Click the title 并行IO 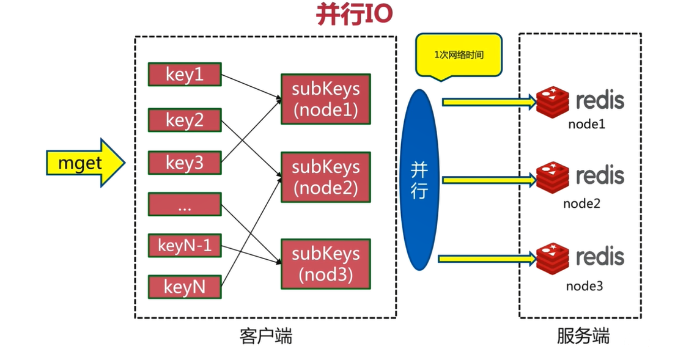pyautogui.click(x=355, y=15)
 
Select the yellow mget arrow pyautogui.click(x=85, y=163)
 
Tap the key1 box pyautogui.click(x=184, y=74)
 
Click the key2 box pyautogui.click(x=184, y=119)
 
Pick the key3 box pyautogui.click(x=184, y=163)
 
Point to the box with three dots pyautogui.click(x=184, y=204)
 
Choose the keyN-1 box pyautogui.click(x=184, y=245)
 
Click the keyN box pyautogui.click(x=184, y=287)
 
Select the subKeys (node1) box pyautogui.click(x=325, y=99)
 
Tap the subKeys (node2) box pyautogui.click(x=325, y=177)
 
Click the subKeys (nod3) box pyautogui.click(x=325, y=264)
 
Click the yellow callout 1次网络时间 pyautogui.click(x=459, y=55)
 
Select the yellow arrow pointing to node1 pyautogui.click(x=489, y=101)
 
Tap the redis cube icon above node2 pyautogui.click(x=553, y=178)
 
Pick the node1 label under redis pyautogui.click(x=586, y=125)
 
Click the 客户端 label pyautogui.click(x=266, y=336)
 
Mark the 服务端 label pyautogui.click(x=583, y=336)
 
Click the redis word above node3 pyautogui.click(x=600, y=257)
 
